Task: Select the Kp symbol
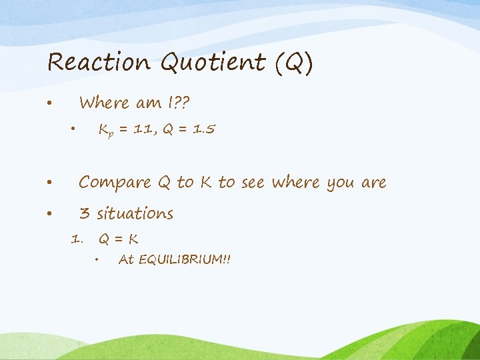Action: [105, 131]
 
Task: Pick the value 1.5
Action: [203, 130]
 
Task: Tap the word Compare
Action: [115, 182]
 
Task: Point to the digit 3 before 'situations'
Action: [84, 213]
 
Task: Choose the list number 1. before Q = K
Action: [77, 239]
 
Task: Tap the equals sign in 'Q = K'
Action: [119, 239]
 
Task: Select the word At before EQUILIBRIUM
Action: [125, 259]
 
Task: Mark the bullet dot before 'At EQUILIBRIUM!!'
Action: [97, 260]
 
